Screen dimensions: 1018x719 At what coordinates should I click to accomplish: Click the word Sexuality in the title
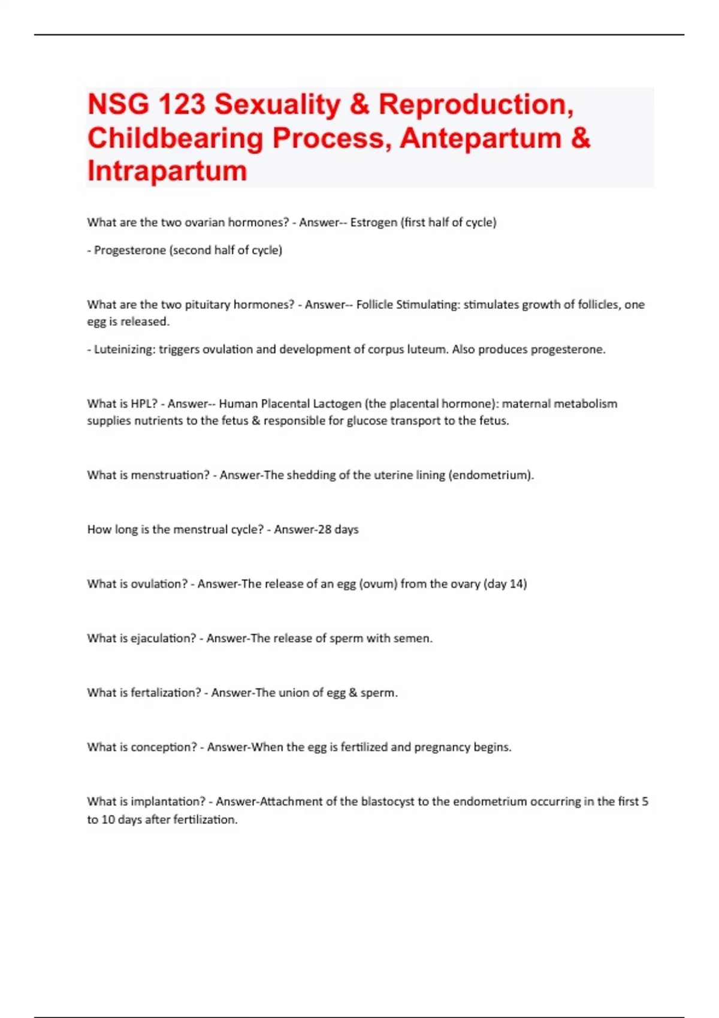(277, 104)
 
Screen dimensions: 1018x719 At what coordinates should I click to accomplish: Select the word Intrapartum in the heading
(167, 171)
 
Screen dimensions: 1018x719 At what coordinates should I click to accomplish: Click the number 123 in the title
(182, 104)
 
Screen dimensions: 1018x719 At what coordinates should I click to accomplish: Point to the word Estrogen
(373, 222)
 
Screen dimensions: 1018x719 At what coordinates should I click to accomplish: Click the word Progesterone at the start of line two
(130, 250)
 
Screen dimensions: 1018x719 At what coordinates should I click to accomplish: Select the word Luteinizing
(124, 349)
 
